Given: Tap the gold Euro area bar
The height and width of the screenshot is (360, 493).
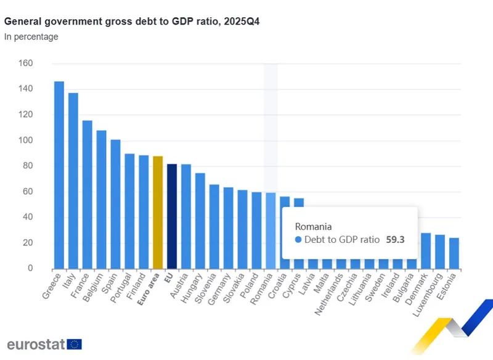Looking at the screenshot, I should (158, 213).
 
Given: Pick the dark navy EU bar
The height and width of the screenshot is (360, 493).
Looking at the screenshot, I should (172, 216).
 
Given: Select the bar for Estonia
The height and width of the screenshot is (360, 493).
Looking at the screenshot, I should (454, 253).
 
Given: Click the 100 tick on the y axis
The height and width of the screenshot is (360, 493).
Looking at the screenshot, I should (25, 141).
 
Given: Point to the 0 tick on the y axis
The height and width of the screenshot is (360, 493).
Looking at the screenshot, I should (30, 269).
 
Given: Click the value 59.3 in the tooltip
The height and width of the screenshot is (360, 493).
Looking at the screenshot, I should (395, 240).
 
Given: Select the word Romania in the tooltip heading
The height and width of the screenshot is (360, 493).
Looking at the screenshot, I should (313, 226).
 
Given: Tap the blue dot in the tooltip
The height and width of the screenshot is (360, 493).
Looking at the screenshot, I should (299, 240).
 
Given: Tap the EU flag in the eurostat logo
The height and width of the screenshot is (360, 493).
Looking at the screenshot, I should (75, 344).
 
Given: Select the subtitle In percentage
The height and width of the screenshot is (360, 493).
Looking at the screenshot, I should (31, 37).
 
